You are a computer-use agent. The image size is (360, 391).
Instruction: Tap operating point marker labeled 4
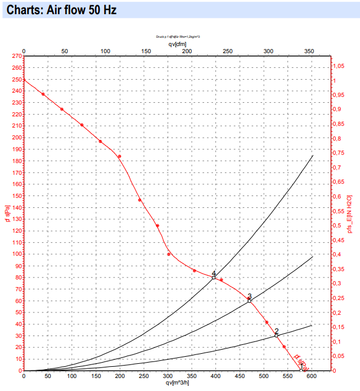click(x=214, y=277)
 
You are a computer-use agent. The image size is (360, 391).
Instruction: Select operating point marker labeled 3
click(x=249, y=301)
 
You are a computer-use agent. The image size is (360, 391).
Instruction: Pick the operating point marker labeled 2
click(x=276, y=335)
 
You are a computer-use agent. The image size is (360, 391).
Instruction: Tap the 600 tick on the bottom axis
click(x=312, y=376)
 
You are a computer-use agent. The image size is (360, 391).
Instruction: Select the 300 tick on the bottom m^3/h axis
click(x=168, y=376)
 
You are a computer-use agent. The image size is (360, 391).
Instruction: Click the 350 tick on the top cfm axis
click(x=308, y=52)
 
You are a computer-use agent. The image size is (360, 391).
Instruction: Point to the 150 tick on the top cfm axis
click(x=146, y=52)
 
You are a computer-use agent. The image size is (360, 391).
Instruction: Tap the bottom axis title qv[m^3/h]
click(x=178, y=383)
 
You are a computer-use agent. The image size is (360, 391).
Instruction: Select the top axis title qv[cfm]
click(x=178, y=44)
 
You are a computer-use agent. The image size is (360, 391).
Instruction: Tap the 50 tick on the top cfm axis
click(x=64, y=52)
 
